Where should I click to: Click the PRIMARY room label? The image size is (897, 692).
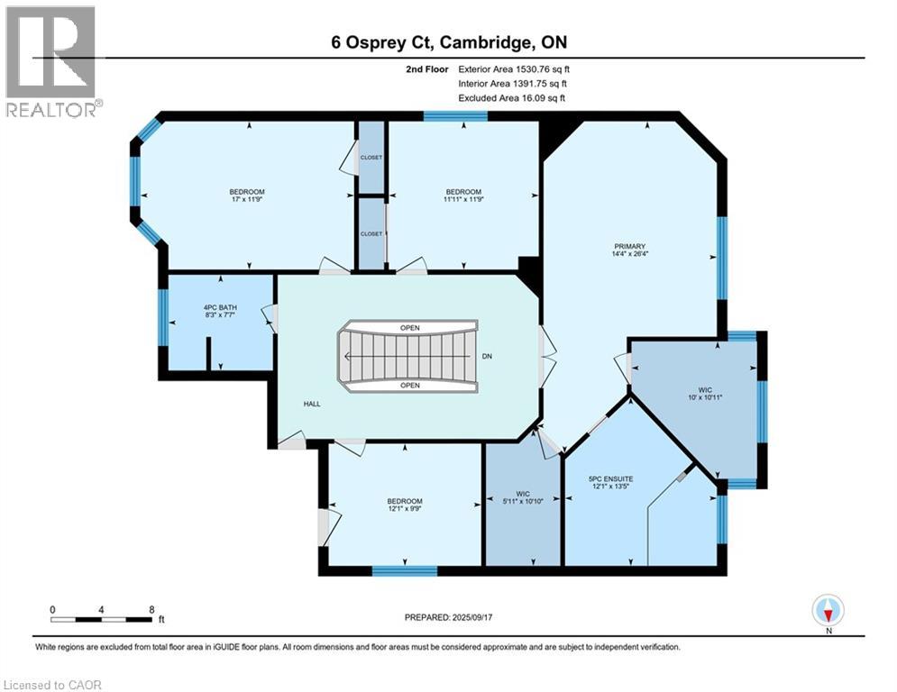click(630, 246)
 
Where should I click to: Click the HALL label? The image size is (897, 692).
click(312, 404)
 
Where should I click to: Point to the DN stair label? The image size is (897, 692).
click(488, 356)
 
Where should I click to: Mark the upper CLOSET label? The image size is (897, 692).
click(371, 158)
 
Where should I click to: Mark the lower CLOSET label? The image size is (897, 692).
click(371, 233)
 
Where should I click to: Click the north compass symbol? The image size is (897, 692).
click(828, 611)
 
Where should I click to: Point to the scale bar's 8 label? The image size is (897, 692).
click(151, 609)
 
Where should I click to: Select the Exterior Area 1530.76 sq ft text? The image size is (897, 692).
click(514, 68)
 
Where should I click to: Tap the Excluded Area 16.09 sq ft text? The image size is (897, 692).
click(514, 98)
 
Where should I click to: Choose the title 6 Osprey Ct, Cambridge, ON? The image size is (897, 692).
click(448, 41)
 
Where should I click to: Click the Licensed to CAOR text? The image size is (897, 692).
click(53, 685)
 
